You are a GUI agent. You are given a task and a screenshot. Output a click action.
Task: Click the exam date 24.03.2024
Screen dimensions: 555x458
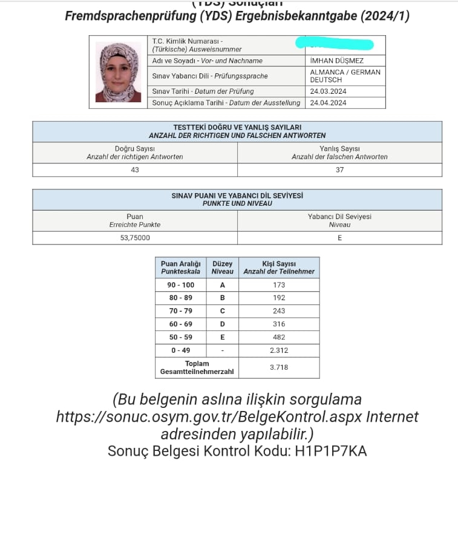(x=328, y=91)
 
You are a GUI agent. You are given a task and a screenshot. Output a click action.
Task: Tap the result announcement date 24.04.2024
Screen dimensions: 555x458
(x=328, y=103)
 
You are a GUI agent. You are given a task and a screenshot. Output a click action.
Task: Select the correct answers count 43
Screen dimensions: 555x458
(x=135, y=170)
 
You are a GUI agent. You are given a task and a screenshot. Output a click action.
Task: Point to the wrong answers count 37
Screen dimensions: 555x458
(x=339, y=170)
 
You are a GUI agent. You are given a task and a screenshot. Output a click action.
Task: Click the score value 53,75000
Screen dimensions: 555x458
(x=135, y=238)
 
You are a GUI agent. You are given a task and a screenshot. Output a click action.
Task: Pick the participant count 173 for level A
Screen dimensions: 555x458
(x=279, y=284)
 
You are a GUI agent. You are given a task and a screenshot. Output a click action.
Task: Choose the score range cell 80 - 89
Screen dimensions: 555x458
(x=180, y=298)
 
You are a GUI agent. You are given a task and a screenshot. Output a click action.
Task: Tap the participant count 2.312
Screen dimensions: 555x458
(x=279, y=350)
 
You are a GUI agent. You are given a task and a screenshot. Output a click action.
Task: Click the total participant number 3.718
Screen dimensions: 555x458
(x=279, y=367)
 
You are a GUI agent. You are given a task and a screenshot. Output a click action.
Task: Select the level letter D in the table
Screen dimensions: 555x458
(x=222, y=324)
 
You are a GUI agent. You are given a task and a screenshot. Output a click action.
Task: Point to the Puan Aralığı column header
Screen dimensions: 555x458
(x=180, y=268)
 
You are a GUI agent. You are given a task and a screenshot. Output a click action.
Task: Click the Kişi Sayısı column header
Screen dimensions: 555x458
(x=279, y=268)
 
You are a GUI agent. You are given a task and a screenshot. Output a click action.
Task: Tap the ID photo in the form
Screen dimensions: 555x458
(x=118, y=72)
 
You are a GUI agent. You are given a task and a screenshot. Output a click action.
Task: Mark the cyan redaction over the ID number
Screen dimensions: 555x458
(x=334, y=44)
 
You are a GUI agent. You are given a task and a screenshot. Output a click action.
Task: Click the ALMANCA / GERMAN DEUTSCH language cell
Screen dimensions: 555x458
(x=345, y=76)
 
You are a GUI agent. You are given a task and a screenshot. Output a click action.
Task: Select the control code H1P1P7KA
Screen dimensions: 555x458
(x=331, y=451)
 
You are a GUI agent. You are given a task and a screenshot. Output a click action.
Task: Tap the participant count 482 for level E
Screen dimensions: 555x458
(x=279, y=337)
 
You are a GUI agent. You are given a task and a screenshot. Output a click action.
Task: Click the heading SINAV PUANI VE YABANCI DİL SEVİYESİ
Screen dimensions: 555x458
(x=237, y=196)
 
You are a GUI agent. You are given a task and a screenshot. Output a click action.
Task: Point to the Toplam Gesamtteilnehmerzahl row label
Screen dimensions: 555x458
(x=197, y=367)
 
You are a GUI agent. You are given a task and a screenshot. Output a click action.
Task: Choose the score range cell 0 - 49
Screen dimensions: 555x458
(x=180, y=350)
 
